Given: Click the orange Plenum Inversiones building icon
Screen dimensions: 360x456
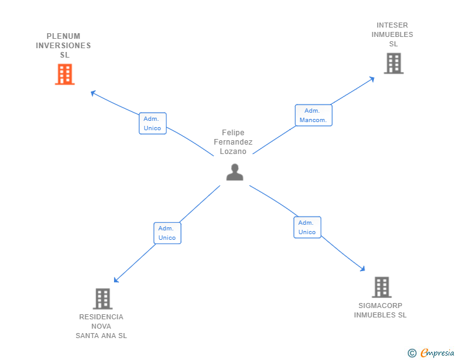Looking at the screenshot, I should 65,75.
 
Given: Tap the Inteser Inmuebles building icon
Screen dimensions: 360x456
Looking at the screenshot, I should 393,63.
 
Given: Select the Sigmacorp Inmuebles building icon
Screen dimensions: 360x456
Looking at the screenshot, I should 381,287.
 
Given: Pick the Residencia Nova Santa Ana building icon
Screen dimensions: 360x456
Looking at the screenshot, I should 102,299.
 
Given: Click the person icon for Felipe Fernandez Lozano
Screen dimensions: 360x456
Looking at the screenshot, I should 234,172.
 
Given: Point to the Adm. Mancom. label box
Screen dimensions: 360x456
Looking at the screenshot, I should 313,115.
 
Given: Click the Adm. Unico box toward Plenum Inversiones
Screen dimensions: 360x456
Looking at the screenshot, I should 152,123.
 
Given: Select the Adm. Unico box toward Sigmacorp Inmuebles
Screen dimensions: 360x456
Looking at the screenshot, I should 307,227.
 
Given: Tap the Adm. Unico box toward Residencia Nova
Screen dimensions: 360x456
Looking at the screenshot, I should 167,233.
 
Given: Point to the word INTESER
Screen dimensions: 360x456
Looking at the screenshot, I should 392,26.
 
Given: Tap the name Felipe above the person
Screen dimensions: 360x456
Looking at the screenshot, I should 233,133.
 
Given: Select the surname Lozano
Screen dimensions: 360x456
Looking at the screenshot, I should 233,152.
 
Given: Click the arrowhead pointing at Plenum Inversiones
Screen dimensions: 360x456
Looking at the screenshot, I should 93,93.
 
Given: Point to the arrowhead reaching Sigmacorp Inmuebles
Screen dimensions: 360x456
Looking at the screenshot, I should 362,269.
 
